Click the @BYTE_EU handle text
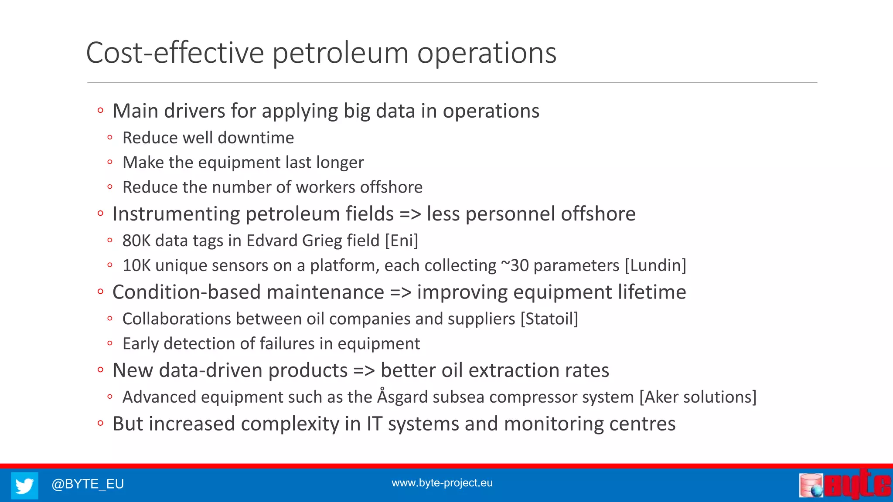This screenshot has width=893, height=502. pyautogui.click(x=88, y=484)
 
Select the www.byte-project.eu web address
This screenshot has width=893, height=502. pyautogui.click(x=442, y=483)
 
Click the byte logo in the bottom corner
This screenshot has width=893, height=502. pyautogui.click(x=845, y=485)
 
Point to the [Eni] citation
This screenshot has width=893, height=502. pyautogui.click(x=401, y=241)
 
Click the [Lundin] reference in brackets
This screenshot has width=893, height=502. pyautogui.click(x=655, y=266)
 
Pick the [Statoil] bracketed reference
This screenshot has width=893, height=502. pyautogui.click(x=549, y=319)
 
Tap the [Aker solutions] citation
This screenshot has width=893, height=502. pyautogui.click(x=698, y=397)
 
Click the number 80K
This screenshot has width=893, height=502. pyautogui.click(x=136, y=241)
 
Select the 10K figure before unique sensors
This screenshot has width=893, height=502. pyautogui.click(x=136, y=266)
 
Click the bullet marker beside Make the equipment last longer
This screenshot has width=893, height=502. pyautogui.click(x=110, y=163)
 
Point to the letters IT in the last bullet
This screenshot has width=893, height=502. pyautogui.click(x=374, y=424)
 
